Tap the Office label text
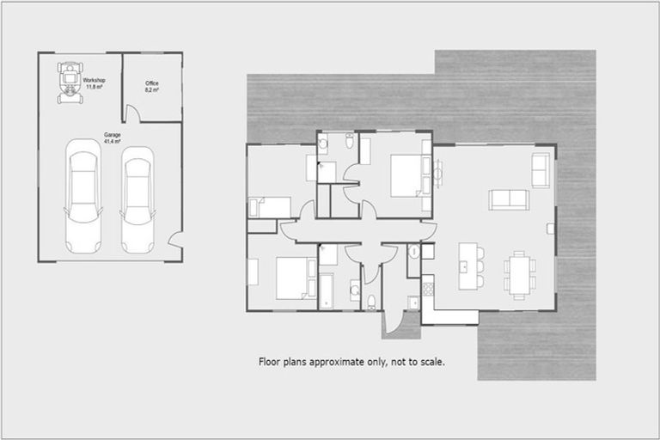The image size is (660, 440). [x=151, y=85]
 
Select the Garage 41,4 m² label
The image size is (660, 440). [x=112, y=138]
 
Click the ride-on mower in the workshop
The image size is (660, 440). [x=68, y=80]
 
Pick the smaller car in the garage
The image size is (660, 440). [x=137, y=197]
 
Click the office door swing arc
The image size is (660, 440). [x=134, y=113]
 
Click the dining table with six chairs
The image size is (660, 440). [x=518, y=273]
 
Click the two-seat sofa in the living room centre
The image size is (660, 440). [x=508, y=199]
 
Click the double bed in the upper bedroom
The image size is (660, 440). [x=407, y=175]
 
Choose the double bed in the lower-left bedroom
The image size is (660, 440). [x=294, y=278]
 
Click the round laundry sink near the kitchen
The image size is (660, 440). [x=413, y=253]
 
